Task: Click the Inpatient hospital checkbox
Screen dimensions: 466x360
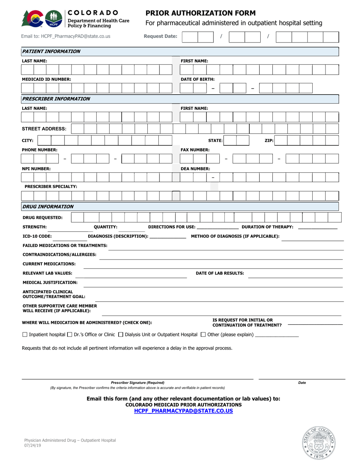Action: tap(25, 335)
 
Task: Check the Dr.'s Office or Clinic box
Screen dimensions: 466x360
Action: tap(69, 335)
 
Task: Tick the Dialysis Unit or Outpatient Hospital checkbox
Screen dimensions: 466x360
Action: tap(121, 335)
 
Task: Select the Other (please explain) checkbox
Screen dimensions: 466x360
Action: tap(203, 335)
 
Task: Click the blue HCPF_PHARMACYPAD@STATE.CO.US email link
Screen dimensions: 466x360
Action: tap(183, 411)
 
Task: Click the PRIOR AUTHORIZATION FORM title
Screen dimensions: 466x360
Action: tap(200, 13)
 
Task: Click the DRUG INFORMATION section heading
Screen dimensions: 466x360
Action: tap(48, 206)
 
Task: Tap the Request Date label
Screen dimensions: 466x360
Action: tap(160, 37)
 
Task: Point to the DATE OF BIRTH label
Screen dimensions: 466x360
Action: tap(197, 79)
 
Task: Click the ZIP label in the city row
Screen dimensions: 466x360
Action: tap(269, 141)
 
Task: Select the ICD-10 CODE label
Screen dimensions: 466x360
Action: tap(37, 236)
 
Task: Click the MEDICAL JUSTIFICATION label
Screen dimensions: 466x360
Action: tap(50, 282)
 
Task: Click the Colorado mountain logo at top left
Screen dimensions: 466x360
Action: tap(33, 18)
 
